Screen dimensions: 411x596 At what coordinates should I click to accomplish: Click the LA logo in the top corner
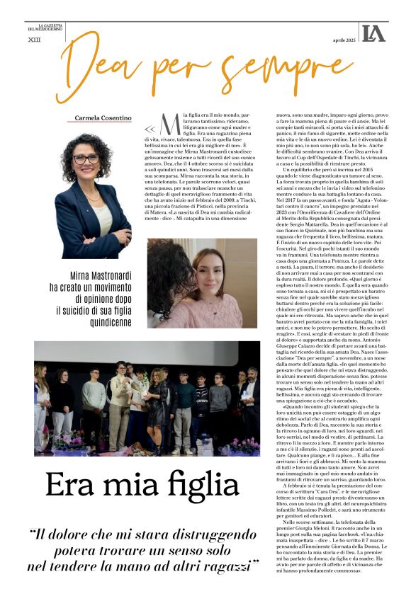373,33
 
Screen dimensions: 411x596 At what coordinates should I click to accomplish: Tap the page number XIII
33,41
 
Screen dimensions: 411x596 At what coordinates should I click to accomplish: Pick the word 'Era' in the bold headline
69,484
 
